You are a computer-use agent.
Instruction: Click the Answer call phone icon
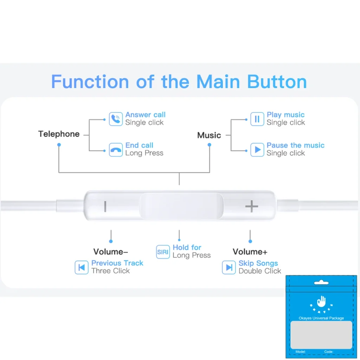[x=116, y=119]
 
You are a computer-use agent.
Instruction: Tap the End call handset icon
[x=116, y=150]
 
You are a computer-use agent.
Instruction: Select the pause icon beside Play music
[x=257, y=119]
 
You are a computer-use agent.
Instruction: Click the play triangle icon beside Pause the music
[x=257, y=150]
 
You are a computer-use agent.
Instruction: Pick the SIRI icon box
[x=163, y=252]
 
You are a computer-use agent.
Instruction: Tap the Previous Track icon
[x=82, y=267]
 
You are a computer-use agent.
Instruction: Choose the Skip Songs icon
[x=229, y=267]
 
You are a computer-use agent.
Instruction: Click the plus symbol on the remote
[x=252, y=206]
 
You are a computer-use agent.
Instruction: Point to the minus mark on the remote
[x=105, y=206]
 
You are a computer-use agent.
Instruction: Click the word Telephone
[x=59, y=134]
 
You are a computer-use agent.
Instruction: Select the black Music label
[x=209, y=135]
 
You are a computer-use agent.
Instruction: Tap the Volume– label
[x=111, y=252]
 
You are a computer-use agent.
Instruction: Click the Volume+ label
[x=250, y=252]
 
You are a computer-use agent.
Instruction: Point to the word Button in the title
[x=277, y=82]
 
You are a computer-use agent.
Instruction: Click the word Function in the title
[x=90, y=82]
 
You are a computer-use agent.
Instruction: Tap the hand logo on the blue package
[x=321, y=302]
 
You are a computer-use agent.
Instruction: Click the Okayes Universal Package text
[x=321, y=318]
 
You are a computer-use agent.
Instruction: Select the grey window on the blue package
[x=321, y=335]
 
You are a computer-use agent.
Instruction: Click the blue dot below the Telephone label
[x=59, y=144]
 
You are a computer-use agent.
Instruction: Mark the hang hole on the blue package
[x=321, y=283]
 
